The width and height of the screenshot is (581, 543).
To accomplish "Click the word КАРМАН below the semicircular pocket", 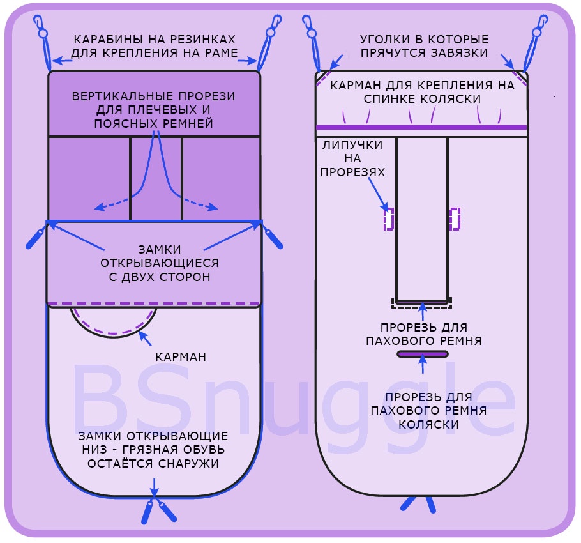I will point(181,356).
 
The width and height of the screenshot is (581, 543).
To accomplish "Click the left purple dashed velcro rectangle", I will point(388,218).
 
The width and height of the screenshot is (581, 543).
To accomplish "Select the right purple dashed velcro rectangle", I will point(455,218).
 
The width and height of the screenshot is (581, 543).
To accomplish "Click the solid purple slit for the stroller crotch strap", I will point(422,354).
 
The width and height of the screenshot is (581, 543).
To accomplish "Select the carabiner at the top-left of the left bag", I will point(41,29).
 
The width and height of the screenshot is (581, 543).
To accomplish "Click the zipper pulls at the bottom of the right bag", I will point(419,503).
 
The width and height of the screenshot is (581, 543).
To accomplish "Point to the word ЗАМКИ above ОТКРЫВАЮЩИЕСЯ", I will point(160,249).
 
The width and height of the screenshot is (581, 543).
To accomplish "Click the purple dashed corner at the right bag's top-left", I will point(326,76).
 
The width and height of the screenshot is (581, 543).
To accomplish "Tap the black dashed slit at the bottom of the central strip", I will point(421,303).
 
